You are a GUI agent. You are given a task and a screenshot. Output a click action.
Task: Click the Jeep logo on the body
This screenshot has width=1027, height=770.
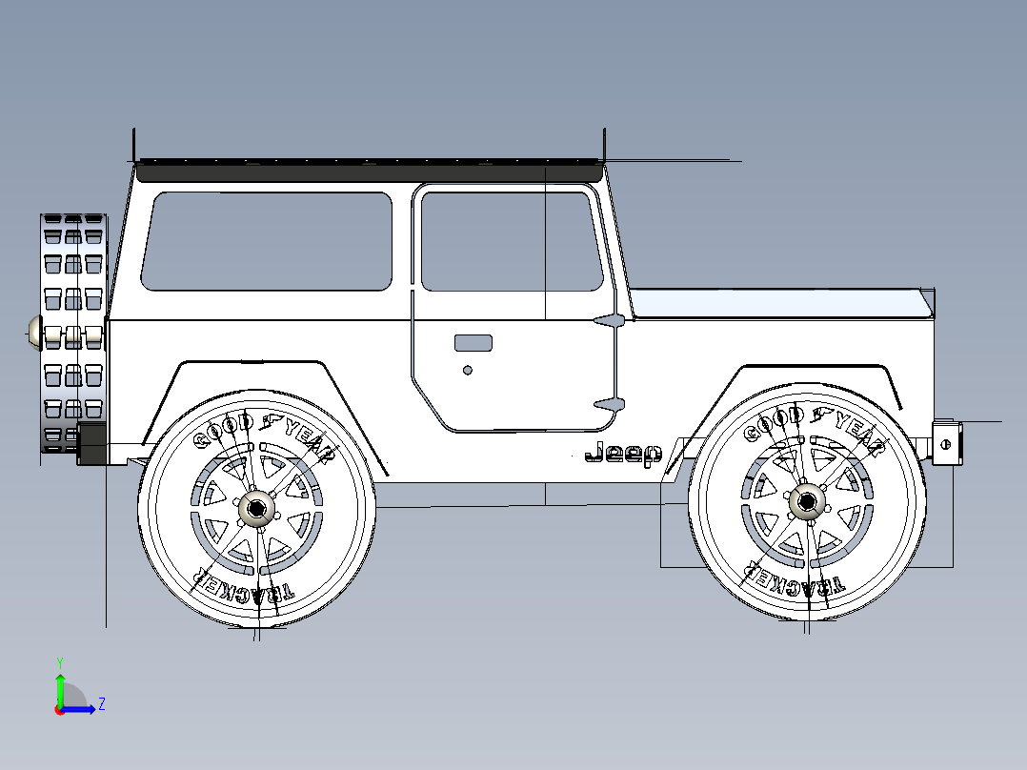point(623,454)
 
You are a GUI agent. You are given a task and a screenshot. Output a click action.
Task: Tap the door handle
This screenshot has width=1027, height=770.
point(473,343)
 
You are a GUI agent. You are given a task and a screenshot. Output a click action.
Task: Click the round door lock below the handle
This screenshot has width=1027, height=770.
point(468,371)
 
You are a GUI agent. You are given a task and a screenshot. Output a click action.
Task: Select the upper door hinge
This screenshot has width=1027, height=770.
point(610,320)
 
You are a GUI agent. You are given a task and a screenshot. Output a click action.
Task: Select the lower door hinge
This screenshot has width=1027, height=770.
point(610,404)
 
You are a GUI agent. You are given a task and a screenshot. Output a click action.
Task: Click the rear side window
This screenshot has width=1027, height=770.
point(267,241)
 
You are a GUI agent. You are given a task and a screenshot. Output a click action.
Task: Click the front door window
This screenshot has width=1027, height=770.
point(512,241)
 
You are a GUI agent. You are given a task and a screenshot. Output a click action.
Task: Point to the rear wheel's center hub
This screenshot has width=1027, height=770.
point(257,509)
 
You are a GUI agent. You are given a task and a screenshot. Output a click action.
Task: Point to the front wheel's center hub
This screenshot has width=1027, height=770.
point(807,502)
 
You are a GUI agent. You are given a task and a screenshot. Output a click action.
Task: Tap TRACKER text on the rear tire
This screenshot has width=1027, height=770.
point(243,586)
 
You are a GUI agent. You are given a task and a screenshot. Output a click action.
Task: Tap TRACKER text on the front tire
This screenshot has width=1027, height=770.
point(794,580)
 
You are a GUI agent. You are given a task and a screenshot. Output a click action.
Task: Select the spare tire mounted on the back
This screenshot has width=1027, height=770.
point(73,333)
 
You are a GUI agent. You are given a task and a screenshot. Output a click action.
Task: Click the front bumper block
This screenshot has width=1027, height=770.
point(947,444)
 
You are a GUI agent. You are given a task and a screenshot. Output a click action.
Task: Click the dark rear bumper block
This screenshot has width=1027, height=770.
point(91,444)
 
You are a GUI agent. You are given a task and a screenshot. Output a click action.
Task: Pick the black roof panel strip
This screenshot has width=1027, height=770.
point(369,171)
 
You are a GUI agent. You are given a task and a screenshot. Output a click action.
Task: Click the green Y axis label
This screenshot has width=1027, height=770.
point(60,662)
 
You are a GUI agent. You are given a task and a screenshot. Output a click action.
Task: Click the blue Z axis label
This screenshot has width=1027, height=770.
point(102,704)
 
